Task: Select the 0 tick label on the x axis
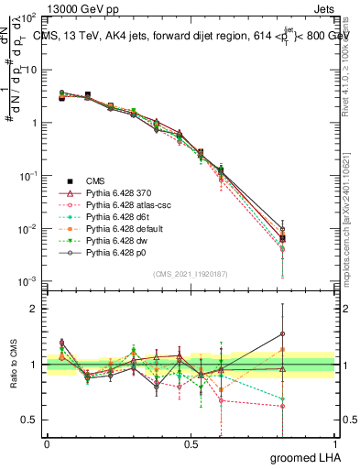click(x=47, y=443)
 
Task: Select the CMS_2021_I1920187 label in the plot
click(x=190, y=272)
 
